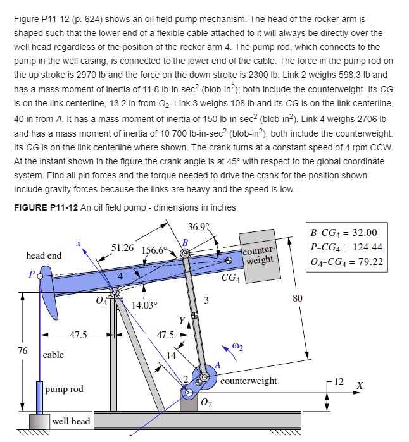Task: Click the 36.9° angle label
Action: pyautogui.click(x=200, y=228)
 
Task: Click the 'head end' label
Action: pyautogui.click(x=44, y=255)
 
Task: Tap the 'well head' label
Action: pyautogui.click(x=71, y=421)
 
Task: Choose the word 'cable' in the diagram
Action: pyautogui.click(x=53, y=355)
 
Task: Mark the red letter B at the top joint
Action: pyautogui.click(x=186, y=242)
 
